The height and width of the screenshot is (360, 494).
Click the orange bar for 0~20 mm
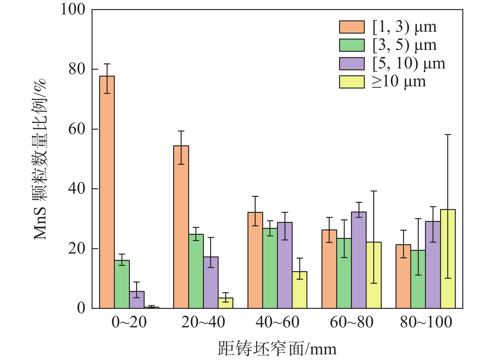[x=107, y=192]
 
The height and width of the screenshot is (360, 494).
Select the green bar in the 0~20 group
[x=122, y=284]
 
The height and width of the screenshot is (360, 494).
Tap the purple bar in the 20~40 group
[x=211, y=282]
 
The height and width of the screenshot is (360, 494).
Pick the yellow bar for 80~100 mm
[x=448, y=259]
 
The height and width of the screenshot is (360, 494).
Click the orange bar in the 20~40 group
[x=181, y=227]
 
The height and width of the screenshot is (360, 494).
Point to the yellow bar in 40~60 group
[x=300, y=290]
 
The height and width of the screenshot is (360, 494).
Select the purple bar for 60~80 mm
[x=359, y=260]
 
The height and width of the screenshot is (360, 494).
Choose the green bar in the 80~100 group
[x=418, y=279]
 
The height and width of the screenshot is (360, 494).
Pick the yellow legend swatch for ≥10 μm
[x=352, y=82]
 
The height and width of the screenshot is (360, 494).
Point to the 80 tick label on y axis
[x=77, y=69]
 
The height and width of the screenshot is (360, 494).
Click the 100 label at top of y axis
[x=73, y=9]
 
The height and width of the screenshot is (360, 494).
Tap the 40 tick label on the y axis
[x=77, y=189]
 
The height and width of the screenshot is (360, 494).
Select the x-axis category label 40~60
[x=277, y=322]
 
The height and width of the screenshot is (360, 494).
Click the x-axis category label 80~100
[x=426, y=322]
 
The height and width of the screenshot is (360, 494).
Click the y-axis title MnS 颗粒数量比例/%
[x=40, y=159]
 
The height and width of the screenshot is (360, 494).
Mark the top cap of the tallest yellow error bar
[x=448, y=135]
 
